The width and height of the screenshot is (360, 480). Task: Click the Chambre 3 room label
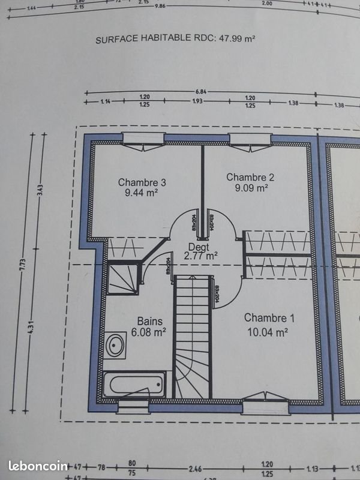(x=142, y=182)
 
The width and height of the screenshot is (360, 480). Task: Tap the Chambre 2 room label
(x=250, y=177)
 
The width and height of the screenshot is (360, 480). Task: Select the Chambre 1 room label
(x=269, y=318)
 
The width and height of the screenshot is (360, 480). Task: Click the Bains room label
(x=150, y=321)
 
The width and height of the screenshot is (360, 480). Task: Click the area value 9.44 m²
(x=142, y=193)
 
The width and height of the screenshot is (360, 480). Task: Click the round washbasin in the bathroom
(x=115, y=344)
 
